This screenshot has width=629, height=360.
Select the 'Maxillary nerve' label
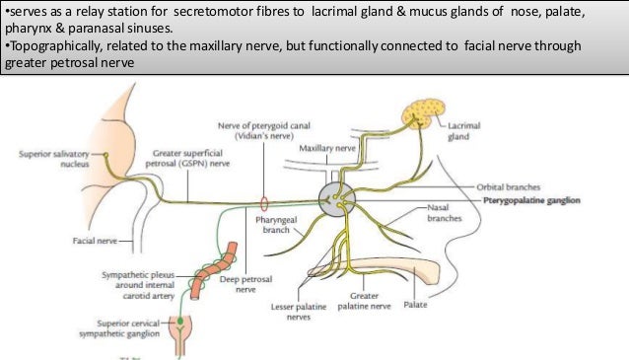tap(325, 146)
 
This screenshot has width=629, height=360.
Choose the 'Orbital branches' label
tap(507, 185)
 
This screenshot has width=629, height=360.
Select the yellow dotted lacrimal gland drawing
tap(423, 116)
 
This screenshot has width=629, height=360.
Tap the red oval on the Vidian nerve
tap(263, 202)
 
